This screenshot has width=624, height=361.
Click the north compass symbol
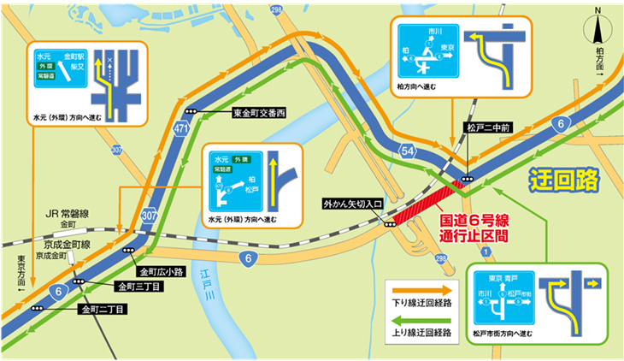pyautogui.click(x=599, y=31)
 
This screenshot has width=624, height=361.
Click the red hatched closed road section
pyautogui.click(x=433, y=201)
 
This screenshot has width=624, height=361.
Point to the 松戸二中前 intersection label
pyautogui.click(x=487, y=128)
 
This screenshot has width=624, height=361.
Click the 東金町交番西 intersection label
pyautogui.click(x=261, y=112)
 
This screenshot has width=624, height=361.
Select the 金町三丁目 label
pyautogui.click(x=137, y=286)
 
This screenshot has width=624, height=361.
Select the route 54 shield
pyautogui.click(x=409, y=151)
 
